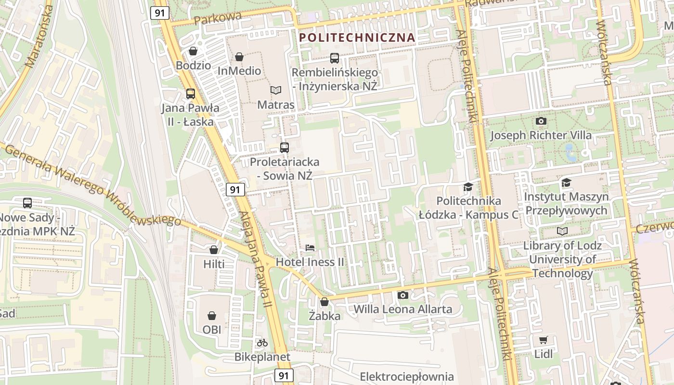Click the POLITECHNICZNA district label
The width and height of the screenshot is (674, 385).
pos(357,37)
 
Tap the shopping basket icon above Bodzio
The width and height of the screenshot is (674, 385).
pos(193,51)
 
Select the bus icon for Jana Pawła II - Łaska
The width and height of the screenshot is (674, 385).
pos(191,94)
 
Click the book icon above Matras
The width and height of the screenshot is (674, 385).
pos(276,90)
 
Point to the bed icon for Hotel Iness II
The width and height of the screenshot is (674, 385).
pos(310,248)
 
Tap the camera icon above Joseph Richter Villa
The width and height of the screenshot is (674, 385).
pos(541,121)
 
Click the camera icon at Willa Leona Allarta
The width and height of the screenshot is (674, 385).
pos(403,295)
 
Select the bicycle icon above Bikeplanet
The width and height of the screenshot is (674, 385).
pos(262,343)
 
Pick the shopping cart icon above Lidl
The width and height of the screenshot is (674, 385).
pos(544,340)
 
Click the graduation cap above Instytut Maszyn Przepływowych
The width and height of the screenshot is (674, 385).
pos(566,182)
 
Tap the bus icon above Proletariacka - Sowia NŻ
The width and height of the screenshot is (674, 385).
pos(285,148)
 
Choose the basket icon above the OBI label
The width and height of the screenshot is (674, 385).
pos(212,316)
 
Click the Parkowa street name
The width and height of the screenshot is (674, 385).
pos(218,18)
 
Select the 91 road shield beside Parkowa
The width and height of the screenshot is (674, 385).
pos(159,13)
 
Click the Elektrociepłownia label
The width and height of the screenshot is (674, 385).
pos(407,376)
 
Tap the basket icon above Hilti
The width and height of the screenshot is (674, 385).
pos(214,250)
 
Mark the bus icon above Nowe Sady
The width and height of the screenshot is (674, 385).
pos(27,203)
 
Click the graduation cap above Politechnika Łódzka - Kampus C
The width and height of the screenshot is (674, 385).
pos(467,187)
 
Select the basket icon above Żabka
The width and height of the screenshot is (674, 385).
pos(324,302)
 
